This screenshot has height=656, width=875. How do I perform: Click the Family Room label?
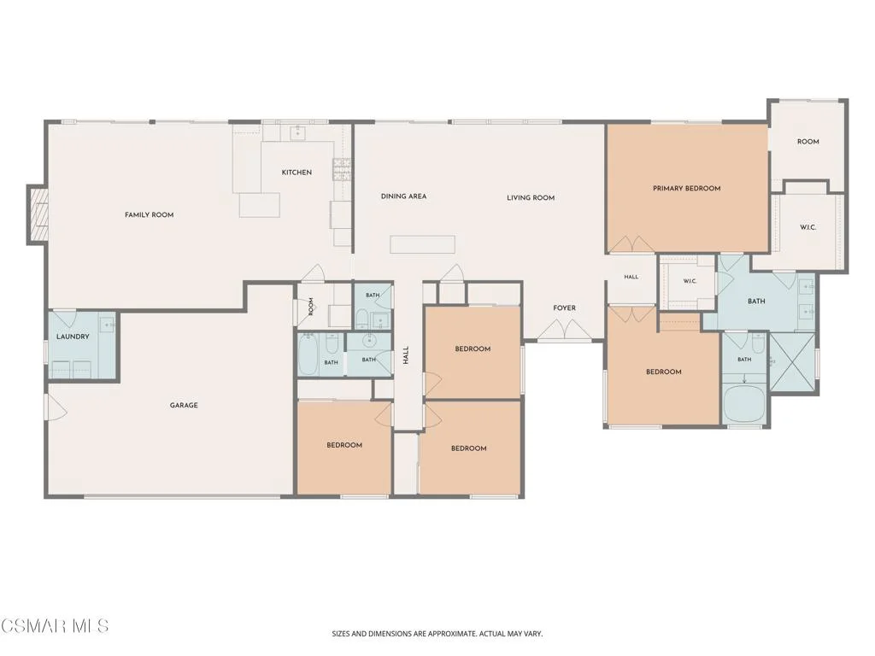click(149, 214)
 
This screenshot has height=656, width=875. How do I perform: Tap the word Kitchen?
click(297, 173)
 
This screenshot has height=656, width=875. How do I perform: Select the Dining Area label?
click(403, 196)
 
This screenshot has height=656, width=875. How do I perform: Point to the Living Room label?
click(531, 197)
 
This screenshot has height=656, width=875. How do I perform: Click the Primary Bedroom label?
click(686, 189)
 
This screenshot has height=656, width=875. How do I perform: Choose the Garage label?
click(184, 406)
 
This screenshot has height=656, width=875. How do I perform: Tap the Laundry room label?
click(73, 337)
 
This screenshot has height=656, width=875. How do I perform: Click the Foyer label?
click(564, 307)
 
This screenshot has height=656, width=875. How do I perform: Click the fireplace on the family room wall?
click(38, 214)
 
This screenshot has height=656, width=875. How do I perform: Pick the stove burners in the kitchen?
click(342, 170)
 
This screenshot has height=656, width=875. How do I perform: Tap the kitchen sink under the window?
click(297, 132)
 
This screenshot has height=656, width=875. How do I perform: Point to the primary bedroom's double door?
click(631, 244)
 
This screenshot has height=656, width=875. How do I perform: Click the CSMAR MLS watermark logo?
click(54, 625)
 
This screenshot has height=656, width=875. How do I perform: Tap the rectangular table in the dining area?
click(422, 244)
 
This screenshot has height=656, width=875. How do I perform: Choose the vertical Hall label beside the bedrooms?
click(406, 355)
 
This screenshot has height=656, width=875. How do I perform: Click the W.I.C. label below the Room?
click(807, 227)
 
